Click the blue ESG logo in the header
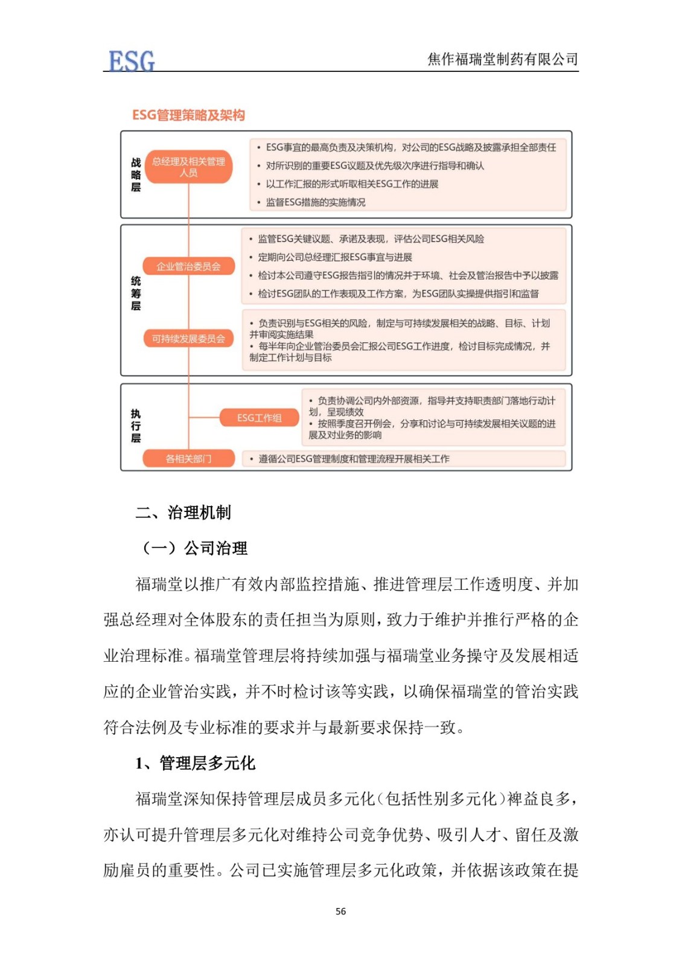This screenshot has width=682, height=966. click(x=131, y=60)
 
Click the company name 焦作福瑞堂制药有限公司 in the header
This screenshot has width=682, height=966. click(x=502, y=59)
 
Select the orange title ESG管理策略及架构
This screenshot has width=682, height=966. click(x=188, y=115)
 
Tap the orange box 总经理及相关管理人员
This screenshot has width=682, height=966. click(x=188, y=167)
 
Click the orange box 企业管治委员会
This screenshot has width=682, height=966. click(x=188, y=266)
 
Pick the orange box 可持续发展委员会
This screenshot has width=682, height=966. click(x=188, y=339)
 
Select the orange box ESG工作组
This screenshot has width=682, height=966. click(x=259, y=418)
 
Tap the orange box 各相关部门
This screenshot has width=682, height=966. click(x=188, y=459)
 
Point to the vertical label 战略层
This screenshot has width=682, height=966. click(x=136, y=174)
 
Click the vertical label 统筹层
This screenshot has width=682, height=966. click(x=136, y=293)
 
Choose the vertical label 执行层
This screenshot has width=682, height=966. click(x=136, y=426)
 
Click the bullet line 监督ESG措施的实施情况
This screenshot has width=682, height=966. click(x=315, y=202)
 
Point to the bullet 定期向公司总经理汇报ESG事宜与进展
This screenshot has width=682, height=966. click(x=334, y=257)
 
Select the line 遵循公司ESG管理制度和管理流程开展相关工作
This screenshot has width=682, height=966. click(x=354, y=459)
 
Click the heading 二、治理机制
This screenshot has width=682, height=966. click(x=183, y=513)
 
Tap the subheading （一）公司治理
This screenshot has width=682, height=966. click(x=193, y=548)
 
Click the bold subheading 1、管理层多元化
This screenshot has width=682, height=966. click(x=195, y=763)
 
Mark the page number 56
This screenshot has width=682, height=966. click(x=341, y=911)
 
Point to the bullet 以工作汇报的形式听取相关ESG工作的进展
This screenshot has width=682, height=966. click(x=352, y=184)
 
